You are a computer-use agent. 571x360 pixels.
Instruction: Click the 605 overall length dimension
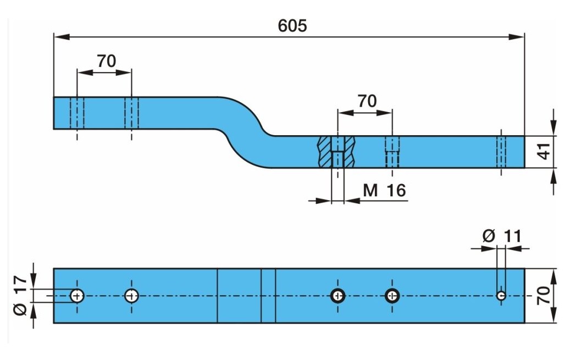pos(292,26)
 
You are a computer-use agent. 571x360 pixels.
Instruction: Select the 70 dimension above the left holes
pos(106,61)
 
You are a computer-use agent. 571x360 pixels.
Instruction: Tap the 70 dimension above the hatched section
pos(367,101)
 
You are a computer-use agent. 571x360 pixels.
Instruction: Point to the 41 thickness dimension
pos(544,151)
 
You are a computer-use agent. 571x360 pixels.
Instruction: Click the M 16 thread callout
pos(384,190)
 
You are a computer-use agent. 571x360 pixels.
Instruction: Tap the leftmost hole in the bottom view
pos(77,296)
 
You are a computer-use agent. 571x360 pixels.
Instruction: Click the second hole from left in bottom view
pos(131,296)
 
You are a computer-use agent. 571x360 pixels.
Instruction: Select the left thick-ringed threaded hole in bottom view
pos(338,296)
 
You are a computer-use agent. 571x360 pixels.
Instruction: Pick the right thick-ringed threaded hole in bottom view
pos(392,296)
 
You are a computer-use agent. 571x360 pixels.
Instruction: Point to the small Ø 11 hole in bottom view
pos(501,296)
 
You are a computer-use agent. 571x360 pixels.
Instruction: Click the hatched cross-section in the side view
pos(337,151)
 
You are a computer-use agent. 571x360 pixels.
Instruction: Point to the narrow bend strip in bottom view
pos(268,296)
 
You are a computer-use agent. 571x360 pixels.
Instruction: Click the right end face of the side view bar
pos(524,151)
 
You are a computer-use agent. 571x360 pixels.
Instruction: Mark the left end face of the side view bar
pos(54,113)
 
